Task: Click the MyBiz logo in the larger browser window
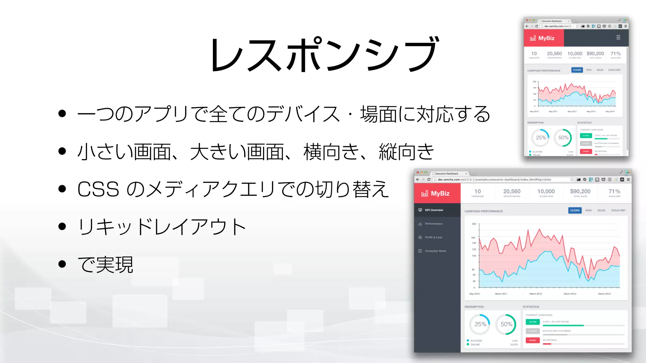click(436, 193)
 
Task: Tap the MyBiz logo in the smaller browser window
click(542, 38)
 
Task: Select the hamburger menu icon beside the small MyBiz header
click(618, 37)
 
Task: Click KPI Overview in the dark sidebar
click(434, 210)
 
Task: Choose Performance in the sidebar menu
click(433, 224)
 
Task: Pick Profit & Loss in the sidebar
click(433, 237)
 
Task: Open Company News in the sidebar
click(435, 251)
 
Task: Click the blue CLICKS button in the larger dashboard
click(575, 210)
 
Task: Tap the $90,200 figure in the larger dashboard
click(580, 191)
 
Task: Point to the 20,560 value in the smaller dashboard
click(554, 54)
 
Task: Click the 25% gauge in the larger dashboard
click(480, 324)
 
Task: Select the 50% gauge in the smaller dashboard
click(563, 138)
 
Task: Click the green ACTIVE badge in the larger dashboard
click(533, 322)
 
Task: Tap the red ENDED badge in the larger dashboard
click(533, 340)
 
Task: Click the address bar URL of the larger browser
click(494, 180)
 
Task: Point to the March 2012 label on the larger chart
click(536, 294)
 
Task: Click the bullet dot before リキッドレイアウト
click(62, 226)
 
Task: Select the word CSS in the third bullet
click(98, 189)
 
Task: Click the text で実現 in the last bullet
click(105, 264)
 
